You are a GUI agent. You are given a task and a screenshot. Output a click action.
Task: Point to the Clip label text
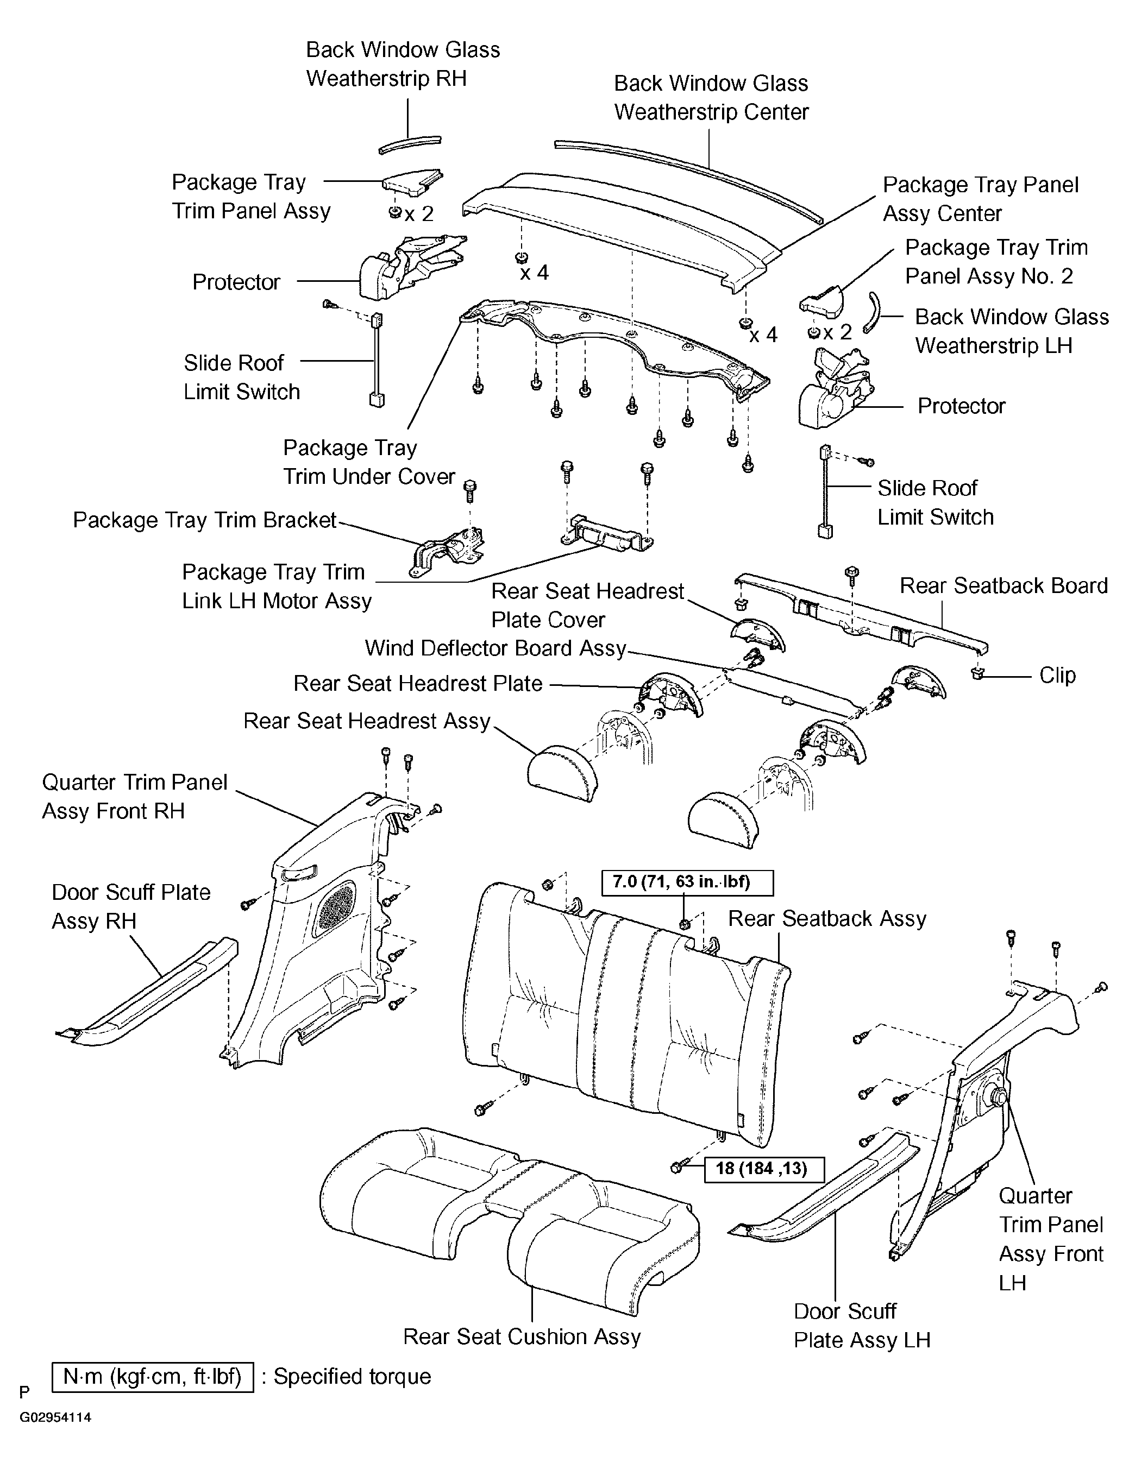point(1057,674)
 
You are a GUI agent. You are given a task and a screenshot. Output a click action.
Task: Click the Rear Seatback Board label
point(1003,585)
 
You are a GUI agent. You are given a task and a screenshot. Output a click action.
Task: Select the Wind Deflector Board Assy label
point(495,648)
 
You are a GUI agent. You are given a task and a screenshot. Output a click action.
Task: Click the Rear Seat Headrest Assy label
point(367,721)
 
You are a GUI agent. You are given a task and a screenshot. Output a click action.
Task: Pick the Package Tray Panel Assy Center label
point(980,199)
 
